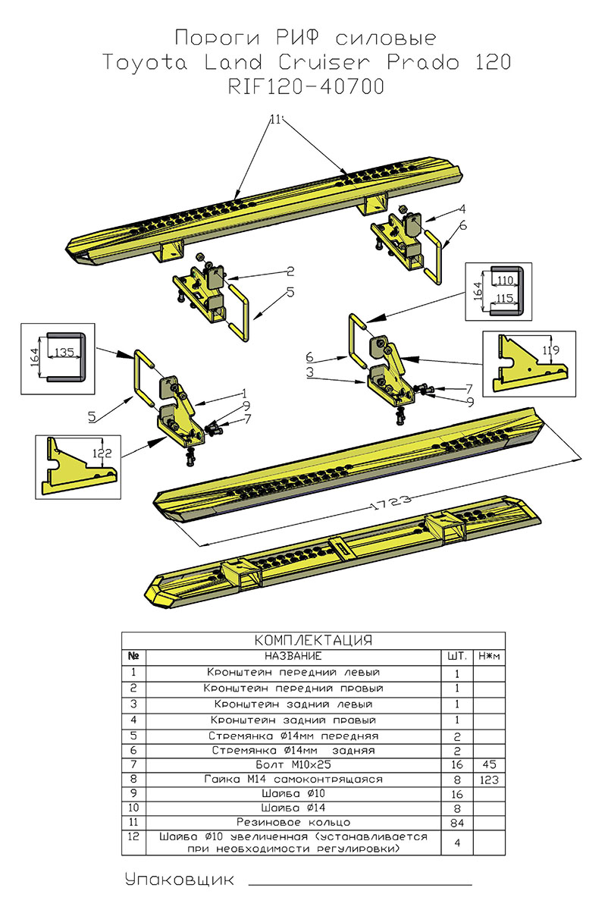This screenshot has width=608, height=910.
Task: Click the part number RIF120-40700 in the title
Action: tap(305, 87)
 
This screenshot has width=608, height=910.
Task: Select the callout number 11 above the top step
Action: tap(274, 119)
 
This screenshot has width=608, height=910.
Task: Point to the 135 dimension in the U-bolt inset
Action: tap(64, 352)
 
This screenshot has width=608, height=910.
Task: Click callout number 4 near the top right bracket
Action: tap(461, 209)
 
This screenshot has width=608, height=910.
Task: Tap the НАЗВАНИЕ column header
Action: tap(293, 655)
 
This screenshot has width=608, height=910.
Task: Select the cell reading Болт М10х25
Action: tap(293, 766)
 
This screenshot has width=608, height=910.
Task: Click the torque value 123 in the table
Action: tap(489, 780)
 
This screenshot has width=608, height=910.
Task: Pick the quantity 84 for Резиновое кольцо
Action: tap(457, 822)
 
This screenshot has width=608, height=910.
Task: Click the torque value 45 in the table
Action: tap(489, 766)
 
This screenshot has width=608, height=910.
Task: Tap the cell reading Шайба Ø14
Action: tap(293, 808)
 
